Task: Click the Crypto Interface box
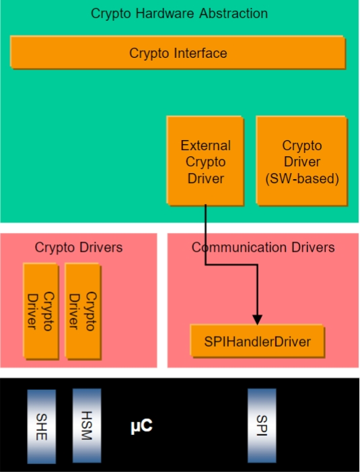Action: [178, 53]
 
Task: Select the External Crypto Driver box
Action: [205, 161]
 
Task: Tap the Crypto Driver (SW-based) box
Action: [302, 161]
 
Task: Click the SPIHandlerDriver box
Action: [258, 341]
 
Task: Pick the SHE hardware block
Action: [42, 426]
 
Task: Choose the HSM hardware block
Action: [87, 426]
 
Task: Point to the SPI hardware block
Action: [262, 426]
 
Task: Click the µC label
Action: [141, 426]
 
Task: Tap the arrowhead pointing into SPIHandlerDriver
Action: [257, 320]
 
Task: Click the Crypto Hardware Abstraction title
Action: [179, 13]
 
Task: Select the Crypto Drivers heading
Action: [79, 247]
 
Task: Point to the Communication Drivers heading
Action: [263, 247]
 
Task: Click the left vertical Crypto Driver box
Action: [41, 311]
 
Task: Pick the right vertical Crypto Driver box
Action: [83, 311]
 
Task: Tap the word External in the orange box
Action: [206, 145]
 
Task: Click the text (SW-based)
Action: [302, 178]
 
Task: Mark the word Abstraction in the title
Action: [233, 13]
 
